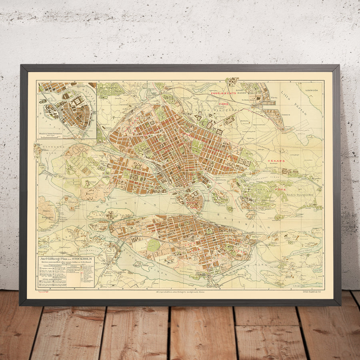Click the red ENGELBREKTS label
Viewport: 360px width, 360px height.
pos(224,93)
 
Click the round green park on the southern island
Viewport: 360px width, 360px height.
pos(153,245)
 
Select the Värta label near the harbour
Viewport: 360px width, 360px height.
pos(274,97)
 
